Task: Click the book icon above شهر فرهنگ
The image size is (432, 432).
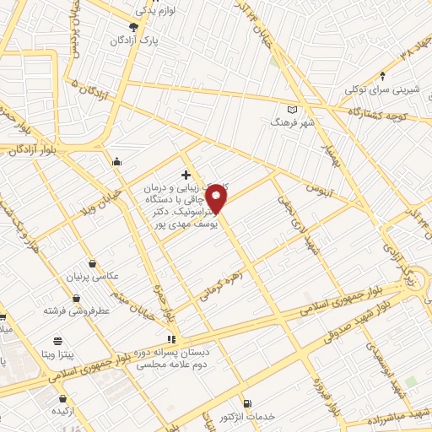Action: click(x=293, y=110)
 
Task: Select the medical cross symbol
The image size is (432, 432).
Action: click(x=186, y=175)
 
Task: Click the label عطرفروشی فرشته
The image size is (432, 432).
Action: click(x=77, y=310)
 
